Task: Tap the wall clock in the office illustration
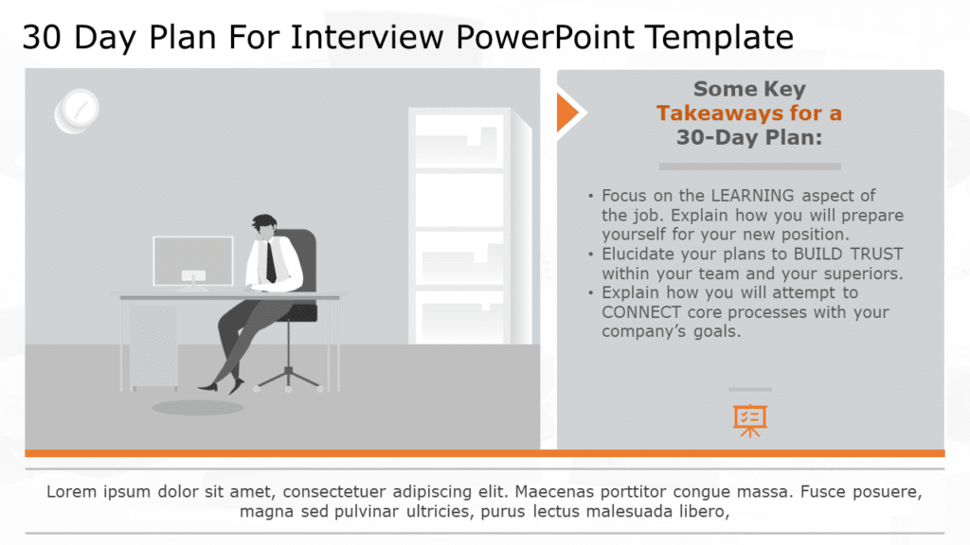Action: tap(78, 109)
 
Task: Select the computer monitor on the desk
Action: tap(193, 259)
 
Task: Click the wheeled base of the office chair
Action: tap(288, 378)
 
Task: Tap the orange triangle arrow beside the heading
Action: tap(566, 113)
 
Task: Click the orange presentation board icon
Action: tap(749, 420)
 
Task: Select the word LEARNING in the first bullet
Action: tap(752, 196)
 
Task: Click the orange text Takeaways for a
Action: tap(748, 114)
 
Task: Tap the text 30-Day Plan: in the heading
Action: tap(748, 137)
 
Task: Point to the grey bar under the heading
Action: tap(749, 166)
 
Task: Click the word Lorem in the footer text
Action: tap(70, 493)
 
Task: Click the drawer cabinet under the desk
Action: tap(153, 346)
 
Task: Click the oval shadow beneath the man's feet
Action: tap(197, 407)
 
